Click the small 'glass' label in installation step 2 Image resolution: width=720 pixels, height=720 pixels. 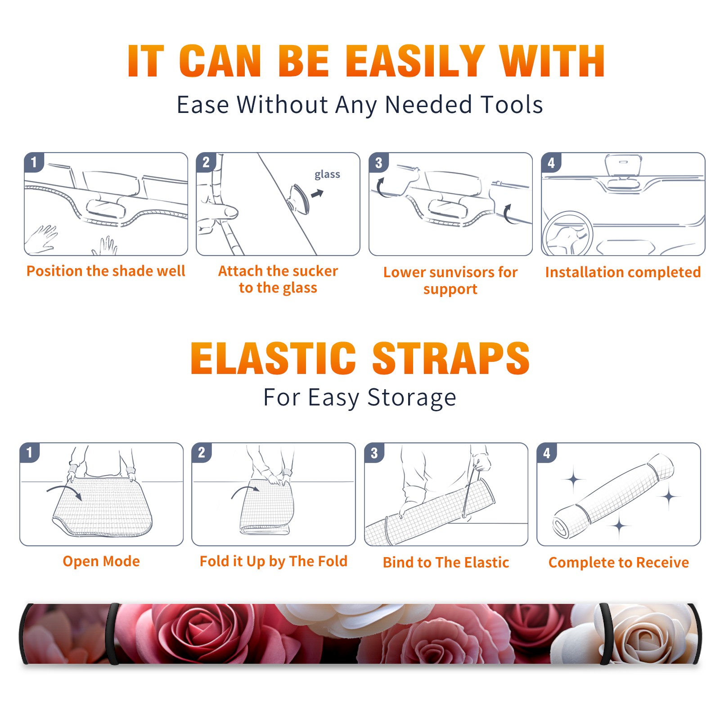click(x=327, y=175)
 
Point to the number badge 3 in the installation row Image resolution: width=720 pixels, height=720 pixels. click(x=379, y=162)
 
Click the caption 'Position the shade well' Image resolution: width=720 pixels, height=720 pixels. click(x=106, y=271)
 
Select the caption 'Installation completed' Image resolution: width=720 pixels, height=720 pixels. click(x=623, y=272)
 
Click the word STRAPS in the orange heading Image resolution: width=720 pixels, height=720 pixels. click(x=451, y=358)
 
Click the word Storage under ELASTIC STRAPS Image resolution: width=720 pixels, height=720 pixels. click(x=412, y=398)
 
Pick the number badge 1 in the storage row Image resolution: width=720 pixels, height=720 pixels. click(x=30, y=453)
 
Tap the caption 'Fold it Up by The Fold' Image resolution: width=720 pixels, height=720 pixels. click(x=274, y=561)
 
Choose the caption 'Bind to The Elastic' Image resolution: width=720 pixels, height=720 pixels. click(x=446, y=562)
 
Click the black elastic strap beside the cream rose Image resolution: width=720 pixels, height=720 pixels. click(x=606, y=634)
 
